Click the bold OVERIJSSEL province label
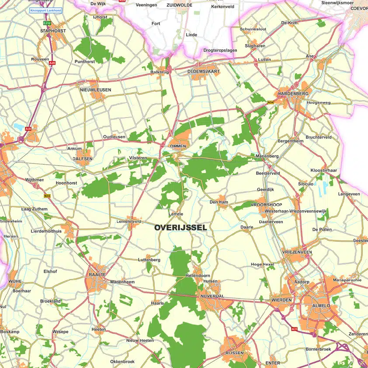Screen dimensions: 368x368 (181, 228)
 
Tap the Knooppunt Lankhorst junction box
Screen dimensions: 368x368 (45, 10)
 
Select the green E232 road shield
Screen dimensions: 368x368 (48, 23)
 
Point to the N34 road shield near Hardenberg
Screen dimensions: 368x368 (271, 102)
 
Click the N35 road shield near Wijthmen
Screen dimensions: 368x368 (47, 196)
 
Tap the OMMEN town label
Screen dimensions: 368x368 (178, 146)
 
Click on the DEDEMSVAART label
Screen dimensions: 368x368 (203, 71)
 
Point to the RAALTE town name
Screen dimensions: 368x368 (97, 274)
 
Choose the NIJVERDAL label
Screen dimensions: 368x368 (212, 296)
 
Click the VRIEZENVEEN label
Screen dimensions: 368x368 (297, 252)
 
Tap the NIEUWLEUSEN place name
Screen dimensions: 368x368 (95, 90)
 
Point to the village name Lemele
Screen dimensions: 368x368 (176, 214)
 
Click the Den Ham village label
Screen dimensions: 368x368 (219, 202)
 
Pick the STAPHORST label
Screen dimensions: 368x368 (53, 31)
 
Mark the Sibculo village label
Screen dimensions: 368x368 (306, 184)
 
